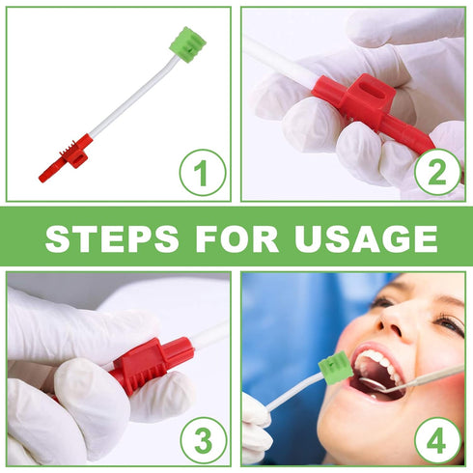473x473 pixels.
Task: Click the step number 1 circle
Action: point(202,174)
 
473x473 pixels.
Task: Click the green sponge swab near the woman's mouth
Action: point(335,368)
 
